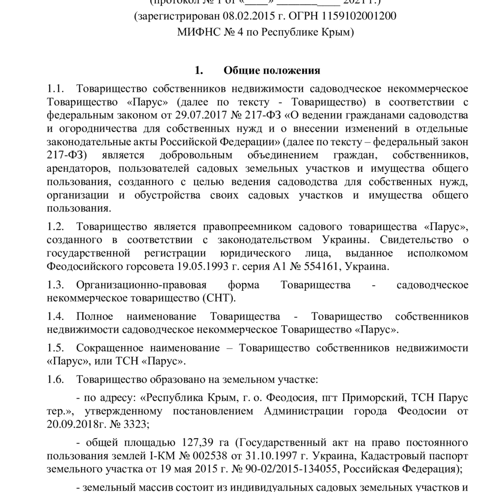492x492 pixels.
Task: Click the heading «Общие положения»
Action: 272,70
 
